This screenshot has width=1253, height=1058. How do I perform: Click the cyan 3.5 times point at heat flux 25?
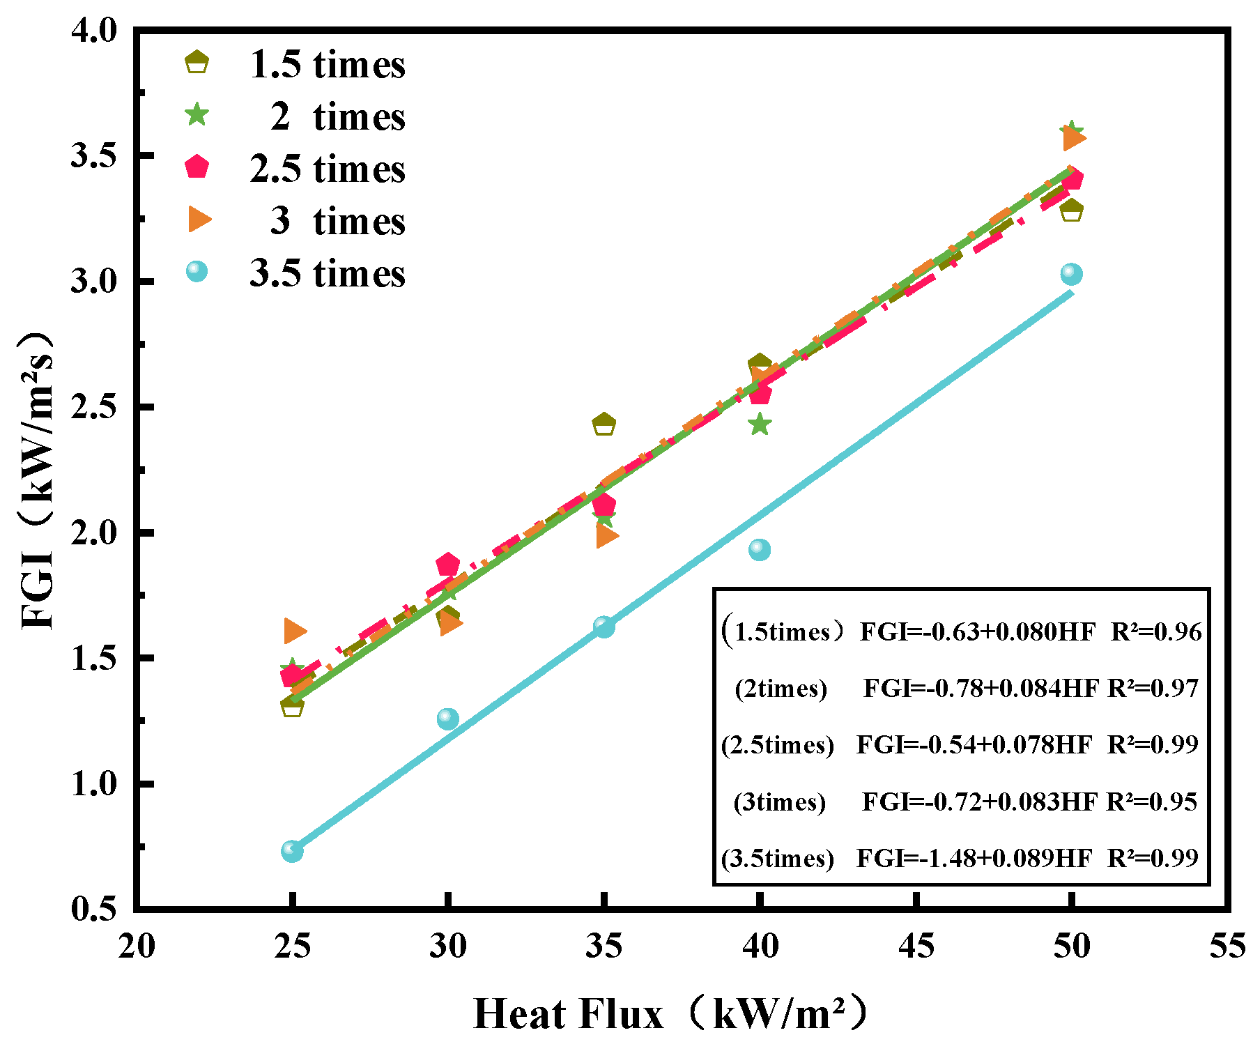(292, 850)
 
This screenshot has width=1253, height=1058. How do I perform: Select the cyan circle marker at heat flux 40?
(760, 550)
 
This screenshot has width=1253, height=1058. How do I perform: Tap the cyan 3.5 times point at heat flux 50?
(1071, 274)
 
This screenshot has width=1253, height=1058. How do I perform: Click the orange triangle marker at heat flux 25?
(294, 631)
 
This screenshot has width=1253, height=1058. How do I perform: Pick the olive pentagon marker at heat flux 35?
(604, 424)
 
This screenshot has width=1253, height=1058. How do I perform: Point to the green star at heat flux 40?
(760, 424)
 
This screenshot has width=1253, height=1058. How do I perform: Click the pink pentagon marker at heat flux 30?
(447, 565)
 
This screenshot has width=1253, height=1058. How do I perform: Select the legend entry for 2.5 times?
(327, 169)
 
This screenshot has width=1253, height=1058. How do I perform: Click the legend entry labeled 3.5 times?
(327, 273)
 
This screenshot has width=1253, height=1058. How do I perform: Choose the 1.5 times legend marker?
(197, 63)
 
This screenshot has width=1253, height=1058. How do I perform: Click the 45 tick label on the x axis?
(916, 946)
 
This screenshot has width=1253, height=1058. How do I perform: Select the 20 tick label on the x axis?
(136, 946)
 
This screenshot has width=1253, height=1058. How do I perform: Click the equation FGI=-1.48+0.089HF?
(974, 858)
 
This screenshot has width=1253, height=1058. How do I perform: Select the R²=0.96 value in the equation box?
(1156, 631)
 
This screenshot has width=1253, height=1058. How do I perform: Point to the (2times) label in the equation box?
(781, 689)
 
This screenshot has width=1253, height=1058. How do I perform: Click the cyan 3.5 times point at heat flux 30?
(448, 718)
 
